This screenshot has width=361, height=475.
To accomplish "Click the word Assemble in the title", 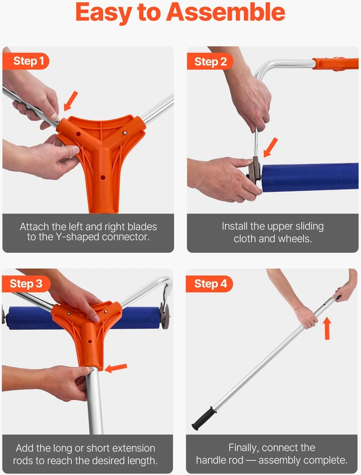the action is coord(225,12).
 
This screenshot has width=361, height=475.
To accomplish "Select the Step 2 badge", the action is coord(210,62).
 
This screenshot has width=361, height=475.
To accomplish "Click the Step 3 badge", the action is coord(26,284).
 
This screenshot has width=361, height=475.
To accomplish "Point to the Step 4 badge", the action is coord(210,284).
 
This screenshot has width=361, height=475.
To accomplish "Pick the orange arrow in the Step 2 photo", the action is coord(270,147).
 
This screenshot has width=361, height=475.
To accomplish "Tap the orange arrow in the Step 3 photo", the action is coord(115,368).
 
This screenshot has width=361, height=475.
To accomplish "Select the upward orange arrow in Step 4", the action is coord(327,328).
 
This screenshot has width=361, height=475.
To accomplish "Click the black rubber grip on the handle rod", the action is coord(204,419).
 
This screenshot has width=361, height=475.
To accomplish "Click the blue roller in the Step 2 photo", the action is coord(310,177).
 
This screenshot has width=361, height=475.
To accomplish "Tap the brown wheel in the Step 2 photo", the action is coord(256,170).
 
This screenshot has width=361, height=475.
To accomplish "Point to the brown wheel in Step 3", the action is coord(166,316).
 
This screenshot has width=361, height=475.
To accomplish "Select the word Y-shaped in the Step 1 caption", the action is coord(78,237).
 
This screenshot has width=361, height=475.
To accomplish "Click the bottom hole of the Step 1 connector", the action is coord(103,177).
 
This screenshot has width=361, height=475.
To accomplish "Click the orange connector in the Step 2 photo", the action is coord(335,64).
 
